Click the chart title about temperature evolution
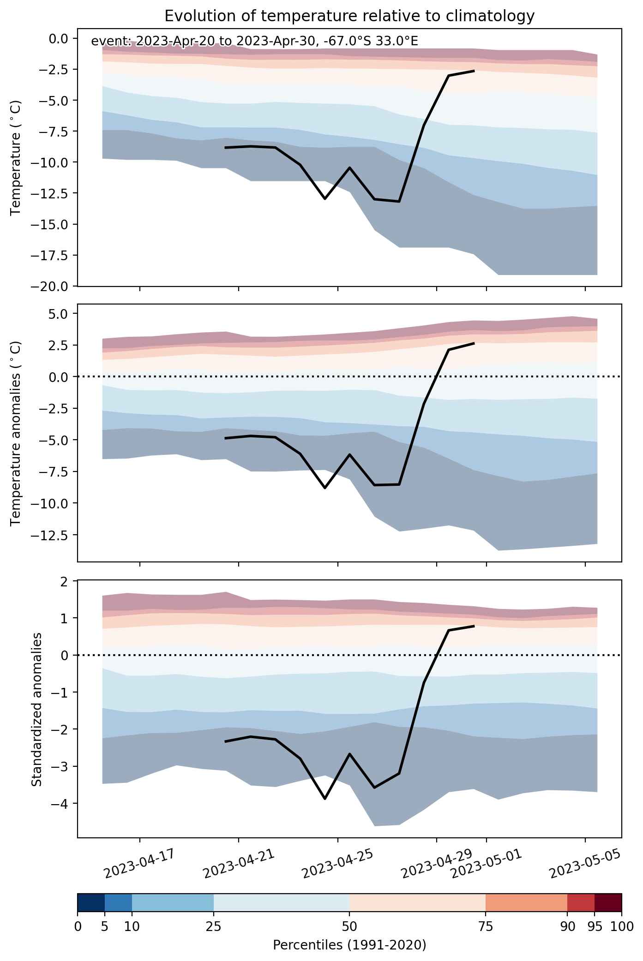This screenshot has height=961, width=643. click(349, 16)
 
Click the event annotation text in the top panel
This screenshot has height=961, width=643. click(255, 42)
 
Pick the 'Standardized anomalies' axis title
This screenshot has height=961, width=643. click(36, 709)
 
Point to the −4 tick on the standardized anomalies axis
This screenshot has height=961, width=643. click(60, 804)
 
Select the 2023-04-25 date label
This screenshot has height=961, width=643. click(337, 863)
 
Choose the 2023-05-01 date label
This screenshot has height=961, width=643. click(486, 863)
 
